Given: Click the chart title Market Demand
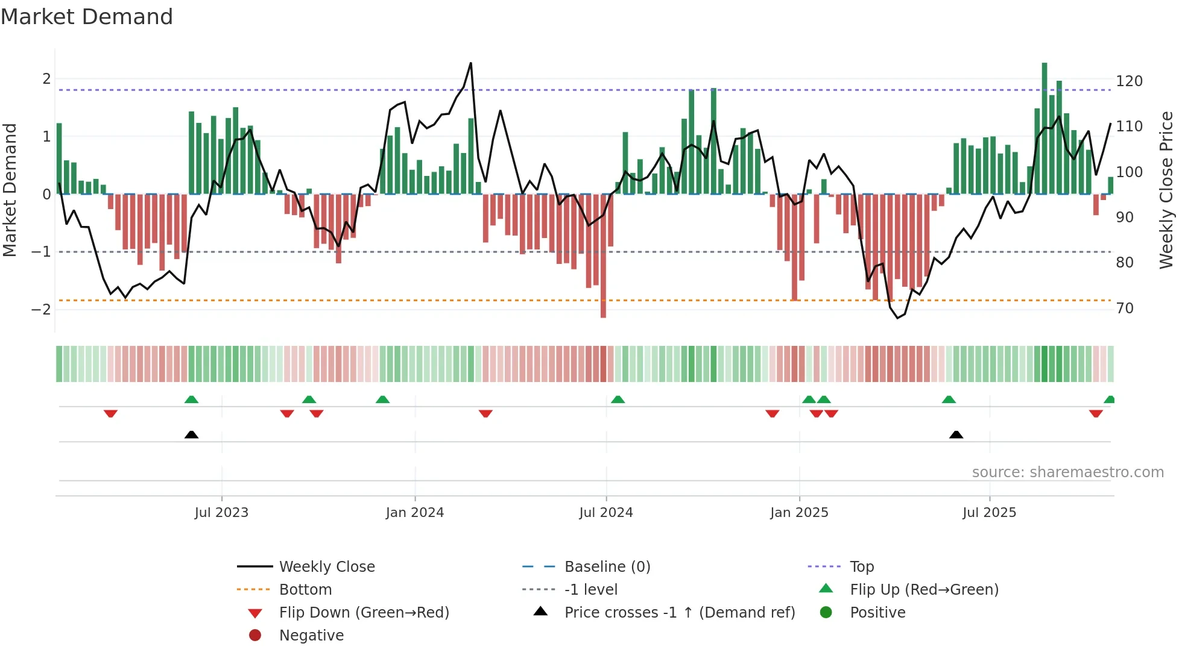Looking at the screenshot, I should click(87, 17).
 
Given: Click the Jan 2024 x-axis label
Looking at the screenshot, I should click(414, 513).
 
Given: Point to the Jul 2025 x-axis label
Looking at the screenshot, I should click(989, 513).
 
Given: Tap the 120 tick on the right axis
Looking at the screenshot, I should click(1129, 81).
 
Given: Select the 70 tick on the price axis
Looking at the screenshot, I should click(1125, 309).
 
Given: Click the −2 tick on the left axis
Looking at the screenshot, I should click(41, 310).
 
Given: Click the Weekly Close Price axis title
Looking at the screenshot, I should click(1166, 190).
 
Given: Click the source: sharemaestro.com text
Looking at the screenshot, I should click(1067, 472).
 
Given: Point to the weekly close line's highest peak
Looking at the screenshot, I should click(470, 63).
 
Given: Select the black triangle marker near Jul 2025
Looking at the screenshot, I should click(956, 434).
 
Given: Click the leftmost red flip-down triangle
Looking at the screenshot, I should click(110, 413).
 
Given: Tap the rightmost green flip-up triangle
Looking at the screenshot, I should click(1109, 399).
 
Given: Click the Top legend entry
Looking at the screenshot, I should click(861, 567).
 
